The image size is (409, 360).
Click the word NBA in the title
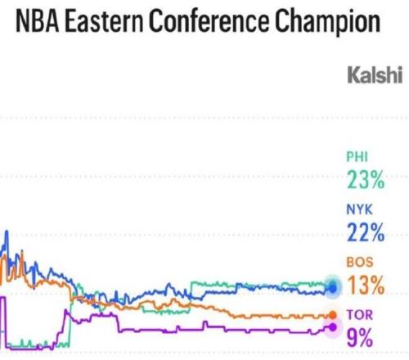pyautogui.click(x=38, y=21)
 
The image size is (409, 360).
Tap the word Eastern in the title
pyautogui.click(x=105, y=21)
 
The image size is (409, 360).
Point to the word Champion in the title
pyautogui.click(x=327, y=22)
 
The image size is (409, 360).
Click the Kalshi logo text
pyautogui.click(x=375, y=74)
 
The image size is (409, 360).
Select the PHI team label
pyautogui.click(x=357, y=157)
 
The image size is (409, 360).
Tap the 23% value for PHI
pyautogui.click(x=366, y=179)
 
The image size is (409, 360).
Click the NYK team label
pyautogui.click(x=359, y=209)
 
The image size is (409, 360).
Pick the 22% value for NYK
pyautogui.click(x=366, y=232)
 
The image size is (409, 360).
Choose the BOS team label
pyautogui.click(x=360, y=262)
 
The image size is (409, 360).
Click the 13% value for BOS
pyautogui.click(x=366, y=285)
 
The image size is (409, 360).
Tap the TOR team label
pyautogui.click(x=360, y=315)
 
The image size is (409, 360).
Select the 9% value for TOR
pyautogui.click(x=360, y=337)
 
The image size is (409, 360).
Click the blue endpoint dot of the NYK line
pyautogui.click(x=333, y=288)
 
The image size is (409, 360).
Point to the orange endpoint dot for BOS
pyautogui.click(x=332, y=315)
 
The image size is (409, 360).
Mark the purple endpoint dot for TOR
pyautogui.click(x=332, y=327)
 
